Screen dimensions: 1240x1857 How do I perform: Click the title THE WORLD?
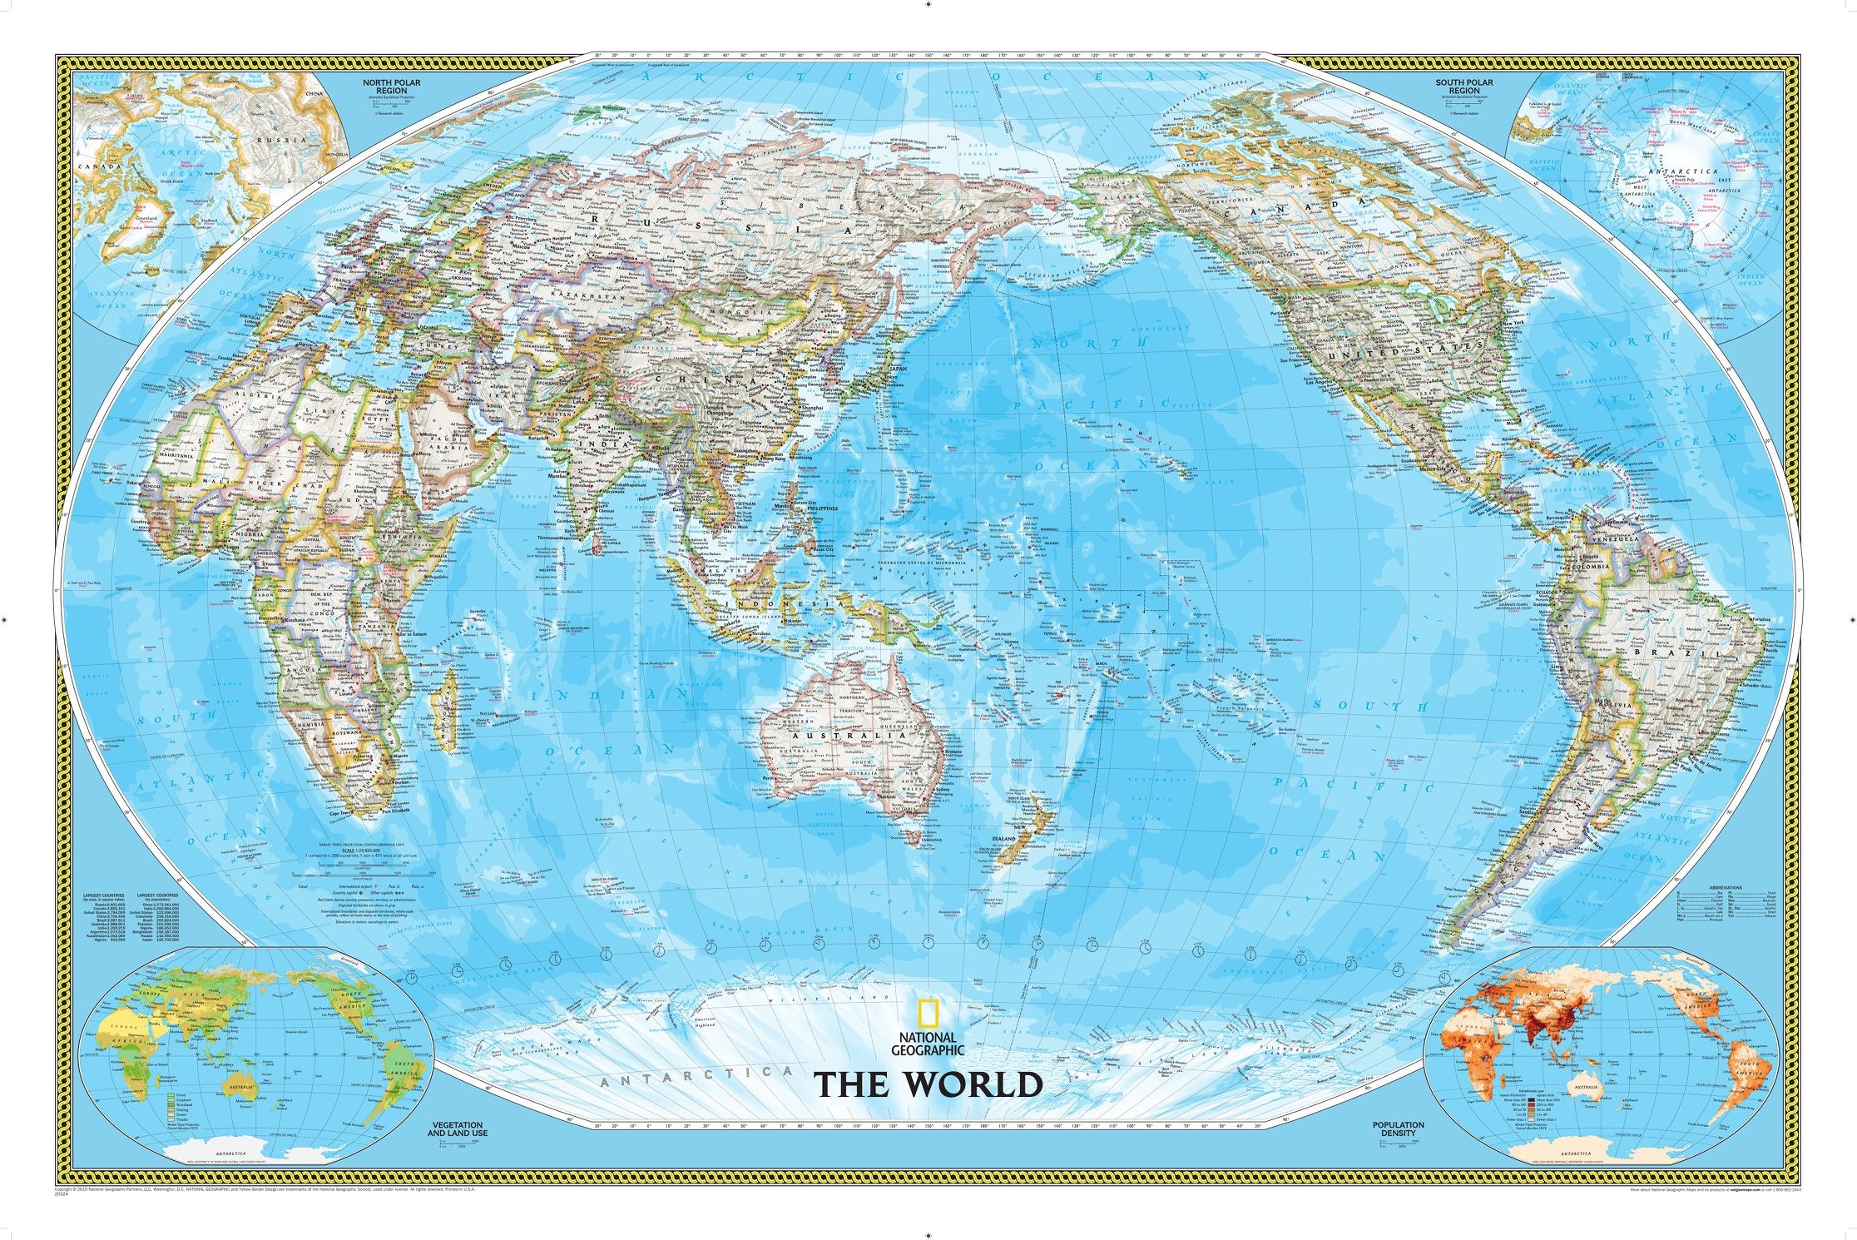[928, 1084]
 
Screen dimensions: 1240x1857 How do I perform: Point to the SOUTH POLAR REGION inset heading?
[1463, 87]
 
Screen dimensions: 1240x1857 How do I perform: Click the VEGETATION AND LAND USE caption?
[458, 1128]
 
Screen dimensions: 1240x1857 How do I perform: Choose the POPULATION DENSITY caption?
[1398, 1128]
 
